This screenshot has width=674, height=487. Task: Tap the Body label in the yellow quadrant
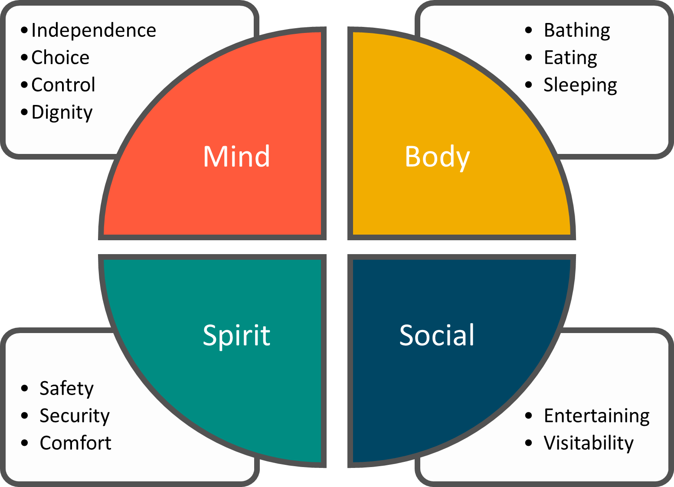(437, 157)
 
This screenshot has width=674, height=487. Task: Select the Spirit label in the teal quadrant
(236, 335)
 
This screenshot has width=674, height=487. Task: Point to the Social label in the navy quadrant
(437, 335)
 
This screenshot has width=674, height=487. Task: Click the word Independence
(94, 30)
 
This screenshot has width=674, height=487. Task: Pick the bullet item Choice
(60, 58)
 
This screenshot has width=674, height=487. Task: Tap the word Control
(63, 85)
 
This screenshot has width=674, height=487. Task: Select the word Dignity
(62, 112)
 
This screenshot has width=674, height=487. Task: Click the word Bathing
(577, 30)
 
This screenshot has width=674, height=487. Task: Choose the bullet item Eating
(570, 58)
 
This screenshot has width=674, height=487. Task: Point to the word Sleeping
(580, 85)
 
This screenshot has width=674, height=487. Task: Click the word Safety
(66, 389)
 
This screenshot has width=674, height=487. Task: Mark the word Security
(75, 416)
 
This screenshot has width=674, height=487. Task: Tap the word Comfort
(75, 443)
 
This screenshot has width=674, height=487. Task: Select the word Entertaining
(597, 416)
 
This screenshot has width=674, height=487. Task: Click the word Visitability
(589, 443)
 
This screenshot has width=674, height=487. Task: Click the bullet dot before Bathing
(528, 30)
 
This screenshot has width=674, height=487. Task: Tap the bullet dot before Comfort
(24, 443)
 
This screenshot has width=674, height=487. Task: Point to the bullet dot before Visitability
(528, 443)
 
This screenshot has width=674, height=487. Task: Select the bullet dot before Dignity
(24, 112)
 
